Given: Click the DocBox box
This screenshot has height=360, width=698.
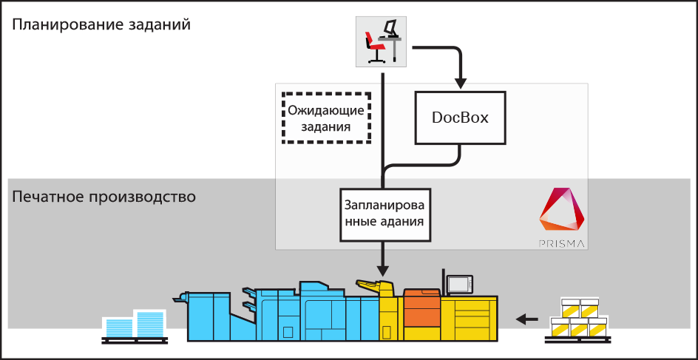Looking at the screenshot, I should [x=460, y=118].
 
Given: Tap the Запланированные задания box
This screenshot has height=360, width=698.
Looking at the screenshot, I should [x=384, y=214].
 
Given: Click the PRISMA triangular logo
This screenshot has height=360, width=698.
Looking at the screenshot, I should [x=562, y=211].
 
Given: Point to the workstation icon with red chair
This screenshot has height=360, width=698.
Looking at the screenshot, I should [x=382, y=40].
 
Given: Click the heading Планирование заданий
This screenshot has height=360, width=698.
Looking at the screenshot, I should [x=101, y=24].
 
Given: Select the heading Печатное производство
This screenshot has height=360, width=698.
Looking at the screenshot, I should [x=104, y=197].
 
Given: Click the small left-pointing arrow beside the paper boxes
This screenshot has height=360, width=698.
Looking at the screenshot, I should [x=527, y=319].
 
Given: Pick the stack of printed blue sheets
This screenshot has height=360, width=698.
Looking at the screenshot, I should [x=134, y=325].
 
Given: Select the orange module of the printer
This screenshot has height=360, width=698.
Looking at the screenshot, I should [x=422, y=310].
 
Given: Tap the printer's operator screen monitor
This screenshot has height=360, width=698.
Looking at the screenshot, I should [x=459, y=284].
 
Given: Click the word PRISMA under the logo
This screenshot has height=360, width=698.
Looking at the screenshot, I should [x=561, y=242].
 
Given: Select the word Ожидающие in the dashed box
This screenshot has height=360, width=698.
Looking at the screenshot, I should [x=326, y=112].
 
